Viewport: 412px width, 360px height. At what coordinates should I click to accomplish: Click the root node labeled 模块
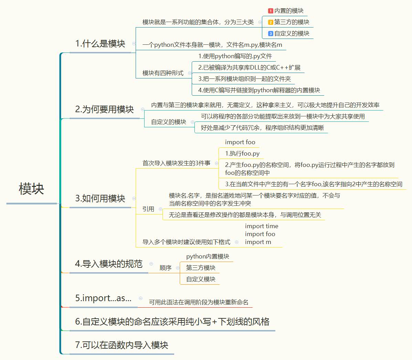31,189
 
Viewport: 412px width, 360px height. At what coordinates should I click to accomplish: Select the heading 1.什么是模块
100,44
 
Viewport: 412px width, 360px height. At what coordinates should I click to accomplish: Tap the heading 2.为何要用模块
104,109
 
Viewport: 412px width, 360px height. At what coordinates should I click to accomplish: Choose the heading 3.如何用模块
100,199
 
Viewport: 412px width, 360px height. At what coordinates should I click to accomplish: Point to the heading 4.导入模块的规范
108,264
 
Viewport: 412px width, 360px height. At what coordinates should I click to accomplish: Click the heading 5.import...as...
103,298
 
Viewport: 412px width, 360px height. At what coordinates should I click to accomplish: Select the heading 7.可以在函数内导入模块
122,345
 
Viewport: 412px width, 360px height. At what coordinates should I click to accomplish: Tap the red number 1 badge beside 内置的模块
271,11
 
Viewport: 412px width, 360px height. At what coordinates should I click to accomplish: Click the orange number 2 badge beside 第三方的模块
271,22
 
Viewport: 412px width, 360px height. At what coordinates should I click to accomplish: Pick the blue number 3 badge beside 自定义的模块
271,34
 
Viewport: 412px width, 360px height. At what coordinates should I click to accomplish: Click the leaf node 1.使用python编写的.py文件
235,56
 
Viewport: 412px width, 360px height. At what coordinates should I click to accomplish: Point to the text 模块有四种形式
163,73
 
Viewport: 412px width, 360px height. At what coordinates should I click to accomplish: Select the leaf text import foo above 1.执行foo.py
240,142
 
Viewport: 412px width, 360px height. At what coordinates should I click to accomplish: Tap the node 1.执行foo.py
242,153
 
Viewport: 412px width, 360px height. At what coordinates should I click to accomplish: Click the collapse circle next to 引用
160,209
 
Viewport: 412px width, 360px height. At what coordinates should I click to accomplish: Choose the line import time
262,226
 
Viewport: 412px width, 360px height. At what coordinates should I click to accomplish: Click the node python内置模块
208,256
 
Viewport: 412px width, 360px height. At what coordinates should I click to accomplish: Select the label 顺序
166,268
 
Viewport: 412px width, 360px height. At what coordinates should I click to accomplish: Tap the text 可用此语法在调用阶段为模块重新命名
199,302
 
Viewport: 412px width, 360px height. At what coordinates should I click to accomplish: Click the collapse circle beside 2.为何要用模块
142,109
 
